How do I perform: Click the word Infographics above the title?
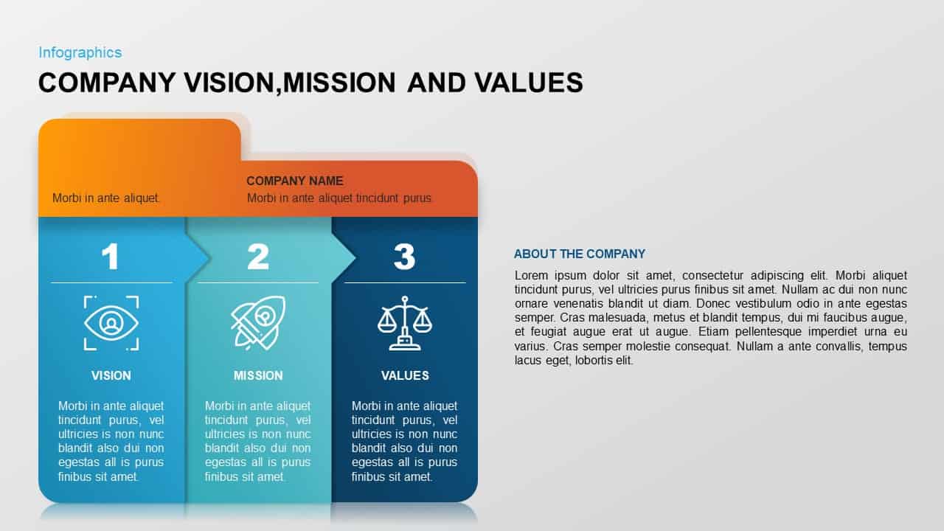click(x=80, y=52)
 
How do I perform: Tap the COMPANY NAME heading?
click(x=294, y=181)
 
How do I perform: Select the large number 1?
click(x=111, y=257)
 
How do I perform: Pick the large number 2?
click(x=257, y=257)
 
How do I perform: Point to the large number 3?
click(x=404, y=257)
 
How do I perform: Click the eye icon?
click(x=111, y=323)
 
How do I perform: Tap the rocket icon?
click(x=257, y=322)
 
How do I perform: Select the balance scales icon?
click(x=404, y=323)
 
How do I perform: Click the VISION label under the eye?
click(x=111, y=375)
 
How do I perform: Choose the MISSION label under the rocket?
click(x=258, y=375)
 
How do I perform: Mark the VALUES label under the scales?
click(x=405, y=375)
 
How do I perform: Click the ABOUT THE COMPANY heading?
click(x=579, y=254)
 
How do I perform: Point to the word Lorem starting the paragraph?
click(x=529, y=275)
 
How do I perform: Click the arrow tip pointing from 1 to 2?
click(x=206, y=257)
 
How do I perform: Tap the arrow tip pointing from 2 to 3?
click(x=353, y=257)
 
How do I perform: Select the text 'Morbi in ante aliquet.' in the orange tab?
click(x=106, y=198)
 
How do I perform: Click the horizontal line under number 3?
click(x=404, y=282)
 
